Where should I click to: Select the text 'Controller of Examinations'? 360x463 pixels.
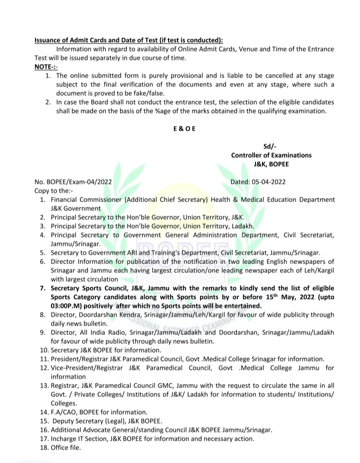pos(271,155)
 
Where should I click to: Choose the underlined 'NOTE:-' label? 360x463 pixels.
pos(46,66)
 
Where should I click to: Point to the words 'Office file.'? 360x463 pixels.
pos(65,447)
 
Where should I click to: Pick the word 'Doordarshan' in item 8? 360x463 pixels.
pos(99,314)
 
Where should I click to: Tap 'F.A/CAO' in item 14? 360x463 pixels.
pos(64,412)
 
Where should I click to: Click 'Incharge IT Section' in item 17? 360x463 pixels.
pos(80,438)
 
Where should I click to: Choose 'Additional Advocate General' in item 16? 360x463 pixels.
pos(98,430)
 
